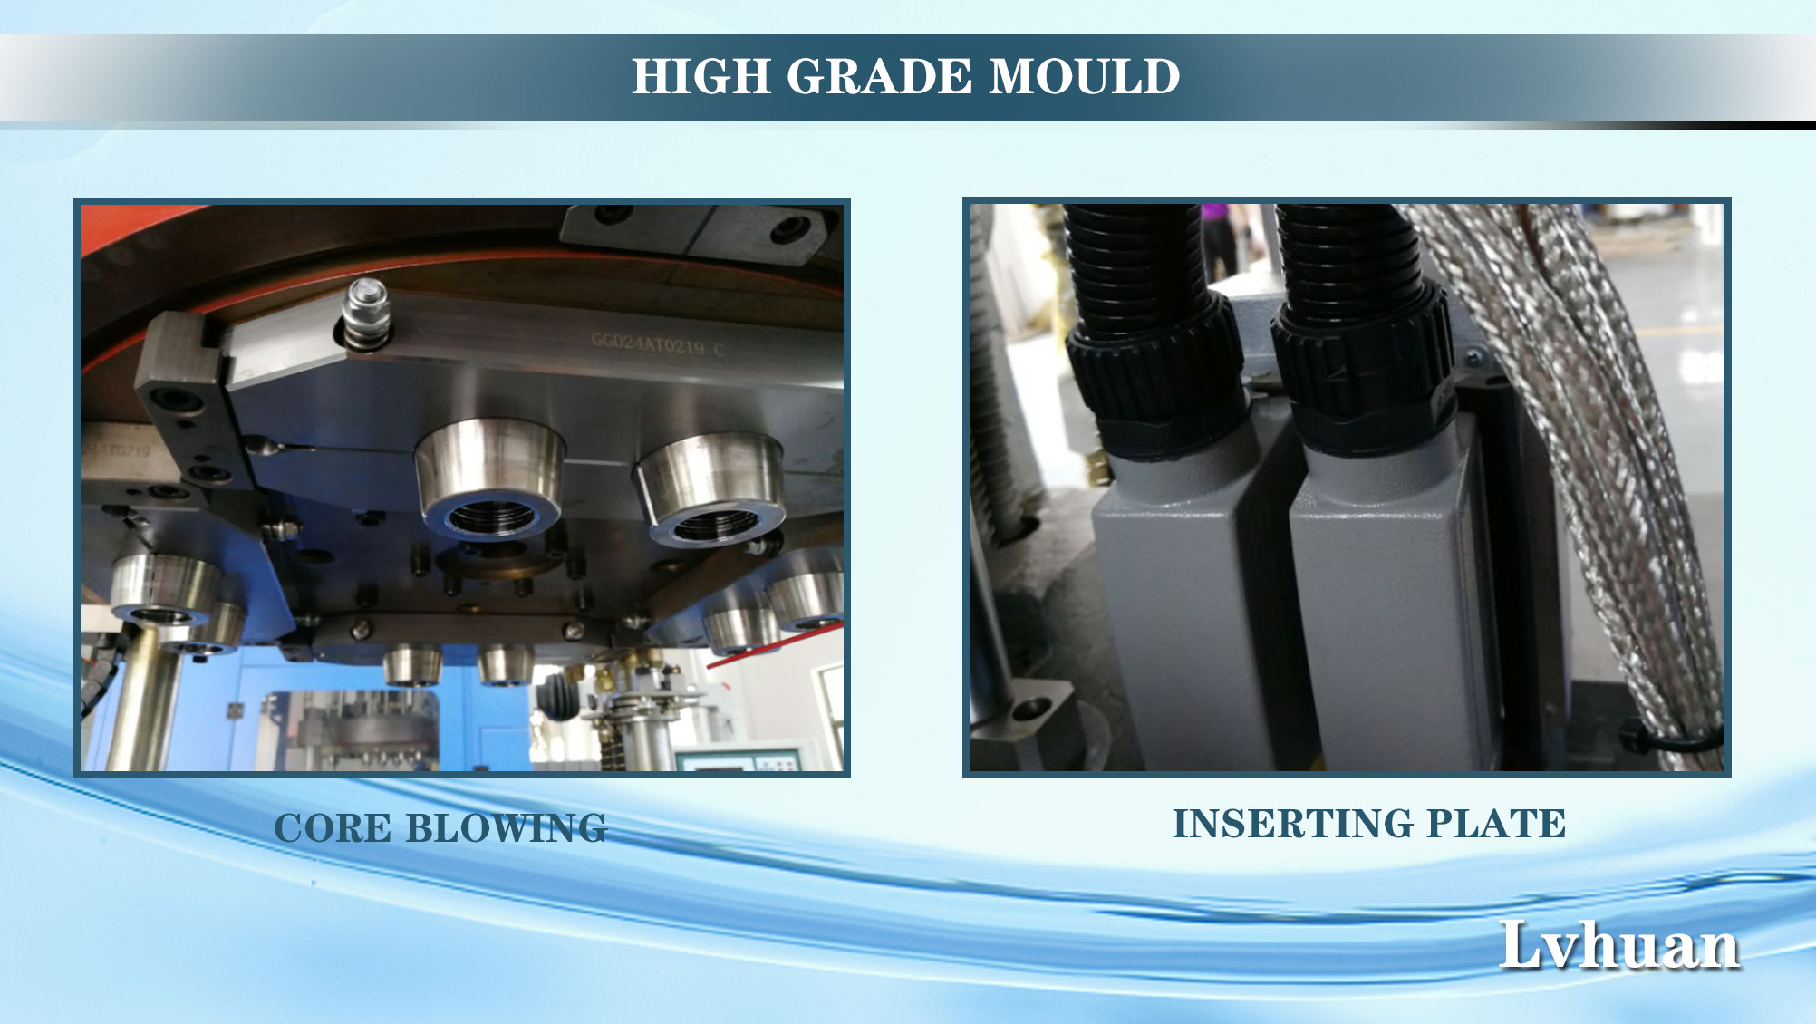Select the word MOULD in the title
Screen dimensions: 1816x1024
tap(1085, 76)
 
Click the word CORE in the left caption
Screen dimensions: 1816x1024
tap(333, 828)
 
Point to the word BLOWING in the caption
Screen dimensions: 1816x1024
tap(506, 828)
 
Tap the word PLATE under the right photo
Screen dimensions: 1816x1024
tap(1496, 824)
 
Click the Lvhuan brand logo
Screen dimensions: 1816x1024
tap(1619, 945)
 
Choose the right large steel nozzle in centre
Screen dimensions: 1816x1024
tap(709, 489)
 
